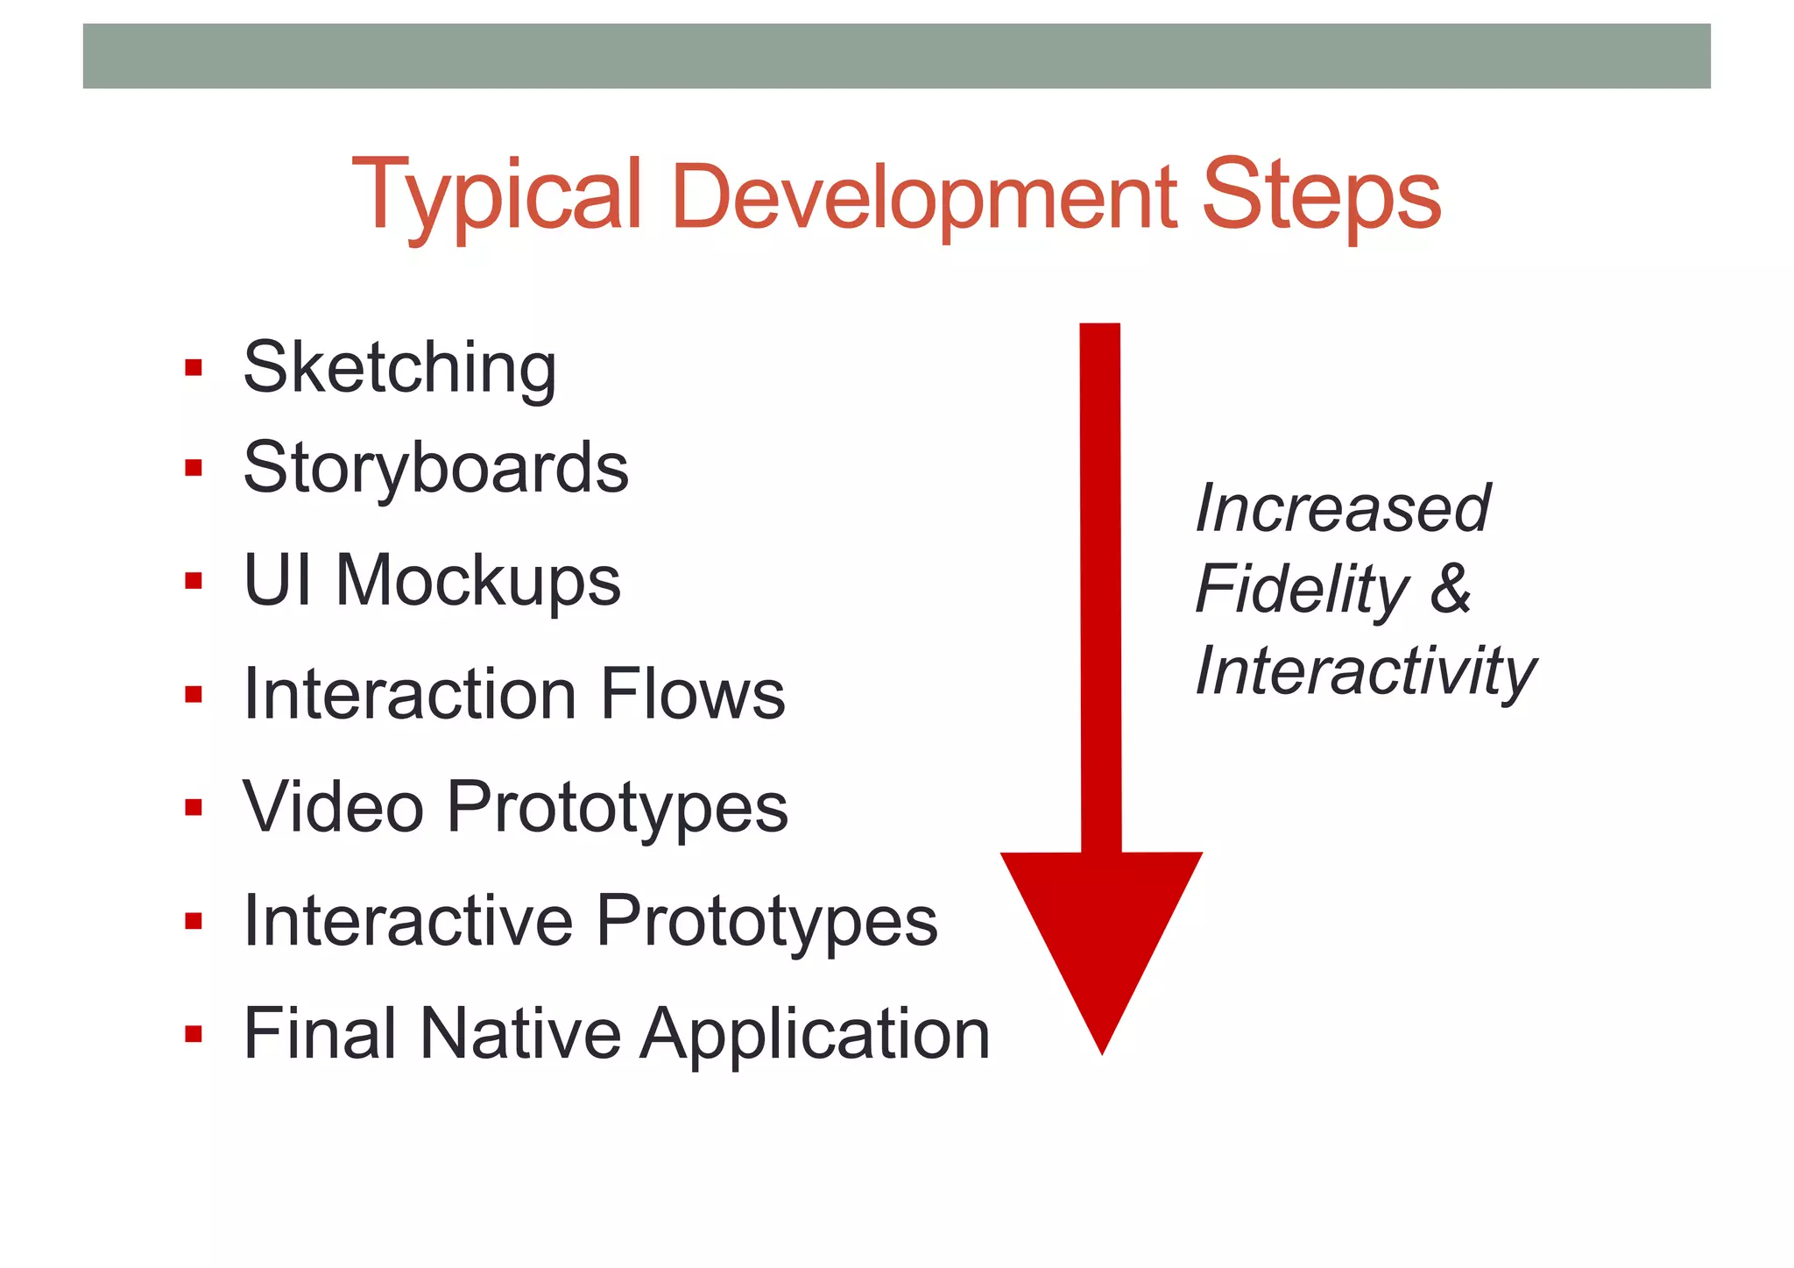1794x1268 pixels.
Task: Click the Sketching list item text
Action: pyautogui.click(x=399, y=368)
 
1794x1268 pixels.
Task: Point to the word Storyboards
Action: pyautogui.click(x=435, y=468)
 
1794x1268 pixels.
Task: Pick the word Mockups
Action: pyautogui.click(x=477, y=580)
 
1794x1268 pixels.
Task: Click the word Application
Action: pyautogui.click(x=815, y=1036)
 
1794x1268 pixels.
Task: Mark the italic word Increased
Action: pyautogui.click(x=1342, y=508)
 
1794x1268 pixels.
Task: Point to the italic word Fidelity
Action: pyautogui.click(x=1303, y=589)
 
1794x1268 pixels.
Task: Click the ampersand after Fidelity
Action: pyautogui.click(x=1451, y=589)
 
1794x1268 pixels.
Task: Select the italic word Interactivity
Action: pyautogui.click(x=1365, y=671)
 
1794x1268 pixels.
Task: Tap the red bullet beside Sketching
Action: pyautogui.click(x=194, y=367)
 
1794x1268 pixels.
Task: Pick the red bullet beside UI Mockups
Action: pyautogui.click(x=194, y=580)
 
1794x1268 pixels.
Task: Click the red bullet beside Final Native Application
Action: pyautogui.click(x=194, y=1034)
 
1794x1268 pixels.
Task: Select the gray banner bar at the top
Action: pyautogui.click(x=896, y=56)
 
